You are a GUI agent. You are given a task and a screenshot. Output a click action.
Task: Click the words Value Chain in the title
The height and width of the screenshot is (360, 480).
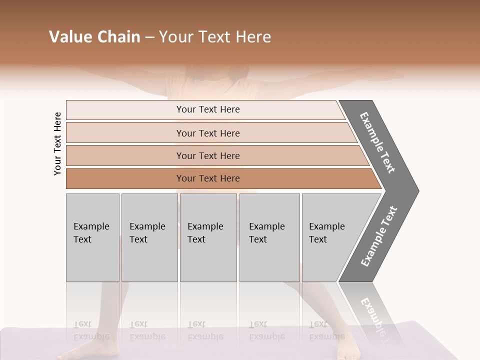[94, 37]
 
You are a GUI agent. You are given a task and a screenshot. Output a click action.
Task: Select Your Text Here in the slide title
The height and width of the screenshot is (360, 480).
[214, 37]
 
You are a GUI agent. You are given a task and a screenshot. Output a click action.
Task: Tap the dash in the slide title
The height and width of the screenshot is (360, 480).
[149, 37]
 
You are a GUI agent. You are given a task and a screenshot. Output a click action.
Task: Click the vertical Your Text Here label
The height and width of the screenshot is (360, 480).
[57, 143]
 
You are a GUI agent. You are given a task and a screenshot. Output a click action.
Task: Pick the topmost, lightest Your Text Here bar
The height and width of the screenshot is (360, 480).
[207, 109]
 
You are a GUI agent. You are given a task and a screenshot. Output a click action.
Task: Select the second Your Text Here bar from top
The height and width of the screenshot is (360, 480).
[207, 133]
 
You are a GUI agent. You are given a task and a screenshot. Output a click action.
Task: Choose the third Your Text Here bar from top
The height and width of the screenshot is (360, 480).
[207, 155]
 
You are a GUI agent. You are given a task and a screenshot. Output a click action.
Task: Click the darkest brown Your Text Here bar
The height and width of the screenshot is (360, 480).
[207, 178]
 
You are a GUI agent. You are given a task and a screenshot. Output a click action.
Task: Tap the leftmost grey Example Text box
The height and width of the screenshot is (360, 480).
[92, 237]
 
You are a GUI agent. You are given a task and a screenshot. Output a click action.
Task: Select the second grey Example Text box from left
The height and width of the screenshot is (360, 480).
[149, 237]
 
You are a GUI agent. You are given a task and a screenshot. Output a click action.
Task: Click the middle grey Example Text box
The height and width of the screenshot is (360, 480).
[208, 237]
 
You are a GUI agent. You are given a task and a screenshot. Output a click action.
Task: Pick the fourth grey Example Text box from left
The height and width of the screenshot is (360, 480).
[269, 237]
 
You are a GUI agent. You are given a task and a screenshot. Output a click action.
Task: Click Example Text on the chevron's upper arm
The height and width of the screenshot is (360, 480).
[378, 142]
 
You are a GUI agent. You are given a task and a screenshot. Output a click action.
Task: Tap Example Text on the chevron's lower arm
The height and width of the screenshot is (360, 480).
[379, 236]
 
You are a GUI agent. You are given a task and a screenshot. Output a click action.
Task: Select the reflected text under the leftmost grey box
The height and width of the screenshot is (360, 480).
[91, 330]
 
